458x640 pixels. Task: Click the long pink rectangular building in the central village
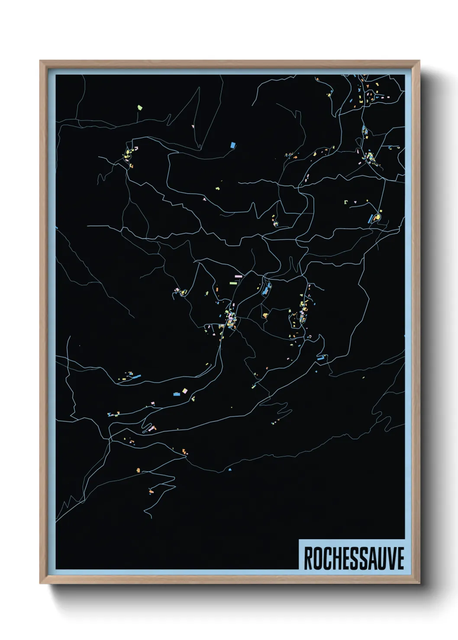pyautogui.click(x=238, y=275)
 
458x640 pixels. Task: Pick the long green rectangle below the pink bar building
pyautogui.click(x=233, y=283)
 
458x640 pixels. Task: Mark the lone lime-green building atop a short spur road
pyautogui.click(x=139, y=106)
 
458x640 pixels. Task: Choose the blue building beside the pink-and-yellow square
pyautogui.click(x=176, y=394)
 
